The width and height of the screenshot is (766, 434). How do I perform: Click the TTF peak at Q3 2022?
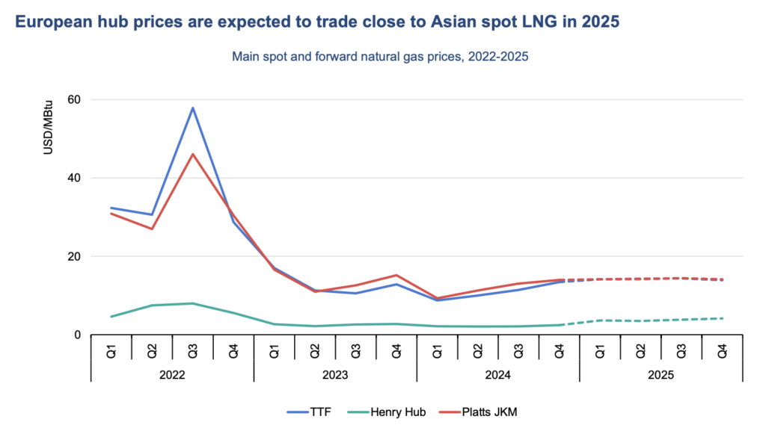point(193,108)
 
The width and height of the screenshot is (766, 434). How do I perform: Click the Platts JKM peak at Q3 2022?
point(193,154)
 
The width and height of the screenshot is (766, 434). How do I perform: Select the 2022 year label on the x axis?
point(173,374)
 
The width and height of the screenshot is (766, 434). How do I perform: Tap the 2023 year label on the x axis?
point(336,374)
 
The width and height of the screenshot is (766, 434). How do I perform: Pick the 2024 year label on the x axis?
point(498,374)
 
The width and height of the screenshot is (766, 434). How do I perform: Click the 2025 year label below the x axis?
point(661,374)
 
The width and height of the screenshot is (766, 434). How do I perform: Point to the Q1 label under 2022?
point(111,349)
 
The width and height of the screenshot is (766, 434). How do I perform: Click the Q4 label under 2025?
point(723,349)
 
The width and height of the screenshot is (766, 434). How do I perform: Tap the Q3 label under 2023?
point(356,349)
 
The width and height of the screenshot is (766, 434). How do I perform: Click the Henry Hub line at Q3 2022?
point(193,303)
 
